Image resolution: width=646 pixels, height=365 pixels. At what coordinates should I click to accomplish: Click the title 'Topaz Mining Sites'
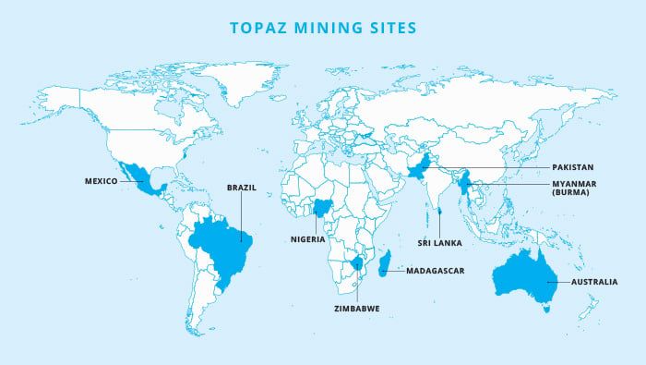(x=322, y=28)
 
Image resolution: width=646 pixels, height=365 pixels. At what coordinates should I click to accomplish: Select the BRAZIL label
(x=241, y=187)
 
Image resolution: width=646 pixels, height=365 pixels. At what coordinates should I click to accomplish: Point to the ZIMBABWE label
(x=356, y=307)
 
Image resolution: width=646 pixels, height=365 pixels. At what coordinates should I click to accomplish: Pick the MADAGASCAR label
(x=433, y=272)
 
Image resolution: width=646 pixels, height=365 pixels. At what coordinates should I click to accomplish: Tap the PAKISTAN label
(x=579, y=168)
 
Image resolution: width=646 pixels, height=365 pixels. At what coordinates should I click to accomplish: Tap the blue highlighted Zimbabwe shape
(x=357, y=266)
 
